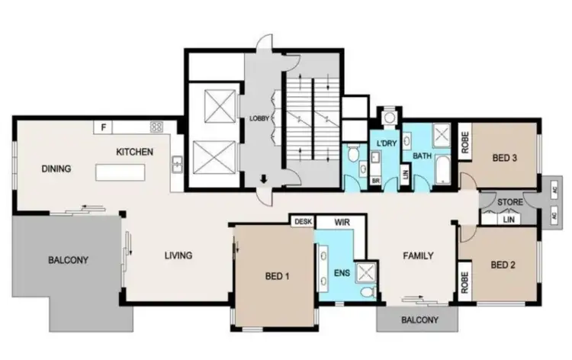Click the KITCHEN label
click(x=134, y=152)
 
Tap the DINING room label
click(x=56, y=168)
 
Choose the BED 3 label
click(x=504, y=158)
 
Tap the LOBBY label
click(x=258, y=119)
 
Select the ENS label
click(x=340, y=272)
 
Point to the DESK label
click(x=302, y=222)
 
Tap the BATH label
click(x=422, y=156)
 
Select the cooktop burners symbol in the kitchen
click(x=157, y=127)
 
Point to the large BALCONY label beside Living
click(x=68, y=260)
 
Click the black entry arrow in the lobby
click(x=263, y=180)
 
